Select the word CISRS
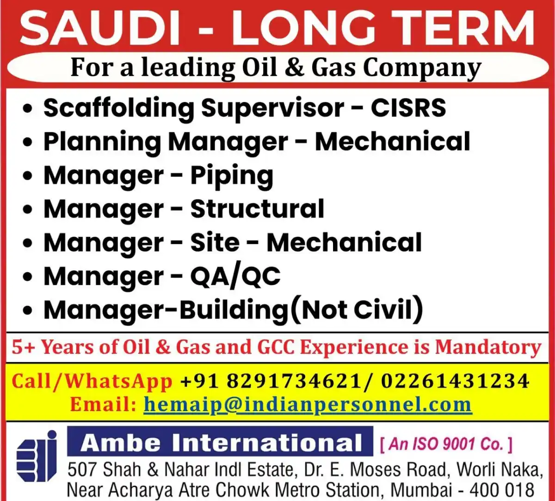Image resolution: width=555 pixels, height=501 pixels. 408,108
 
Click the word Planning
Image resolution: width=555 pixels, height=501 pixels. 102,142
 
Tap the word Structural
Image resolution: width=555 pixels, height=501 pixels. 257,209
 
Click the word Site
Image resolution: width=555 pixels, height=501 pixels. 215,243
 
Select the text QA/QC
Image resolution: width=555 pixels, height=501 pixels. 235,277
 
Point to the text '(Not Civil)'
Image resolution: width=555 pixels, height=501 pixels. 356,310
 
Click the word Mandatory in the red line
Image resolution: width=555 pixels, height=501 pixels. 488,347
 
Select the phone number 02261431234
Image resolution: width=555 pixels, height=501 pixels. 455,381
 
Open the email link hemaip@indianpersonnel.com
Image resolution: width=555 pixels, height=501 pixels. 307,404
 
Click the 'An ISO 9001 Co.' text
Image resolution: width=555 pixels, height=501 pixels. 446,444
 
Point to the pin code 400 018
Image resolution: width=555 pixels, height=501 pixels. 502,489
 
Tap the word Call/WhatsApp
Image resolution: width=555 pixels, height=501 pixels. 92,381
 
